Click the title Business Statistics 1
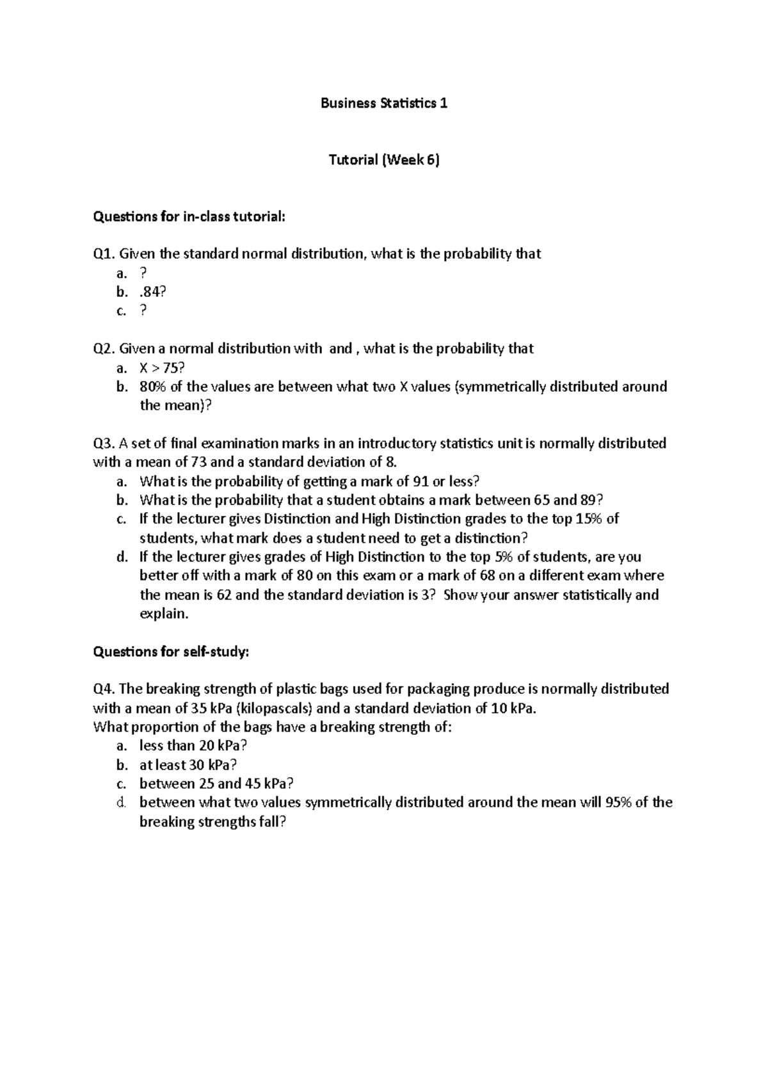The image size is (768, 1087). [x=383, y=103]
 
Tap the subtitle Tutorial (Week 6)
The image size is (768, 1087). [x=384, y=160]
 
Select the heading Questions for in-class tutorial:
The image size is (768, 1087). [x=188, y=217]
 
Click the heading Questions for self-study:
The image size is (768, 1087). [x=171, y=652]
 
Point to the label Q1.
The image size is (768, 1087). [x=104, y=254]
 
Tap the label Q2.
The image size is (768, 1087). [x=104, y=349]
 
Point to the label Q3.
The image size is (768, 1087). [x=104, y=444]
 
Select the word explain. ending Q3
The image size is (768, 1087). [x=164, y=614]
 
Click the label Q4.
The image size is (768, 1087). [x=104, y=689]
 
